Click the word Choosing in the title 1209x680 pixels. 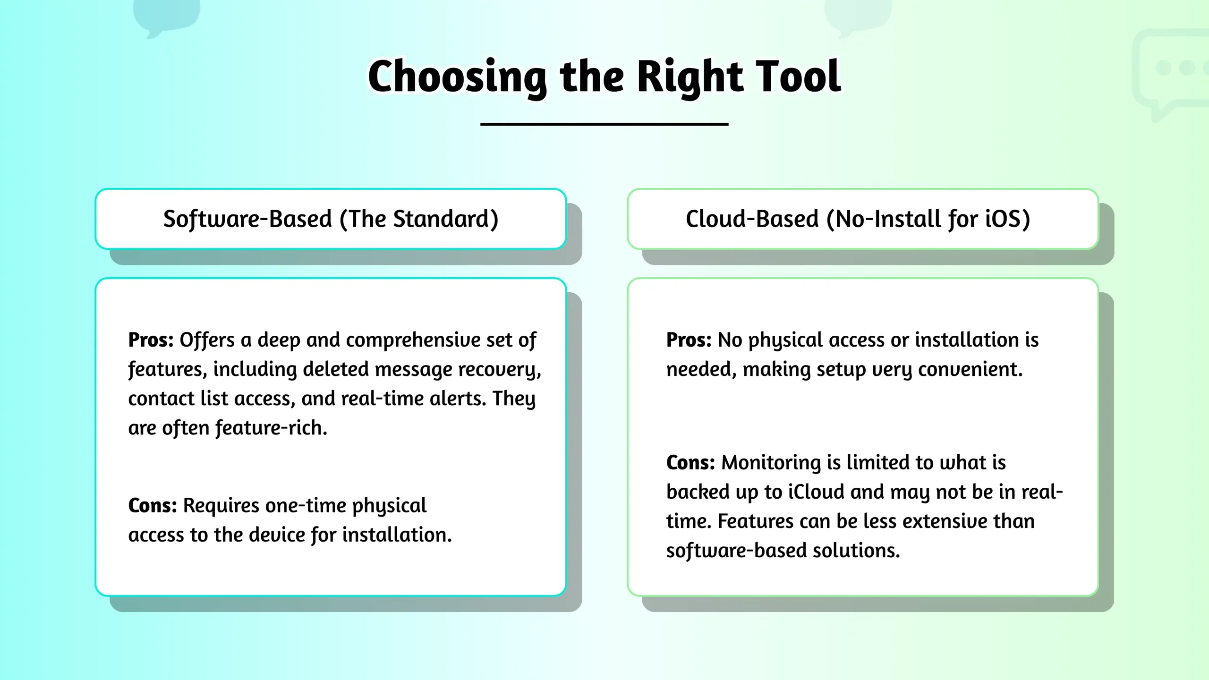tap(457, 77)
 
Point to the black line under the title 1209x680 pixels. tap(604, 124)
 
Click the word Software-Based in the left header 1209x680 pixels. tap(247, 219)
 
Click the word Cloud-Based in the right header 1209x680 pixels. tap(752, 219)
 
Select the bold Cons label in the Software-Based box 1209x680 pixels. tap(153, 506)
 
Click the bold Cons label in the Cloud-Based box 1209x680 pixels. tap(690, 463)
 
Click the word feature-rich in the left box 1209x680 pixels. tap(271, 428)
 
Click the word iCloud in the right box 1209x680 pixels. tap(816, 492)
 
